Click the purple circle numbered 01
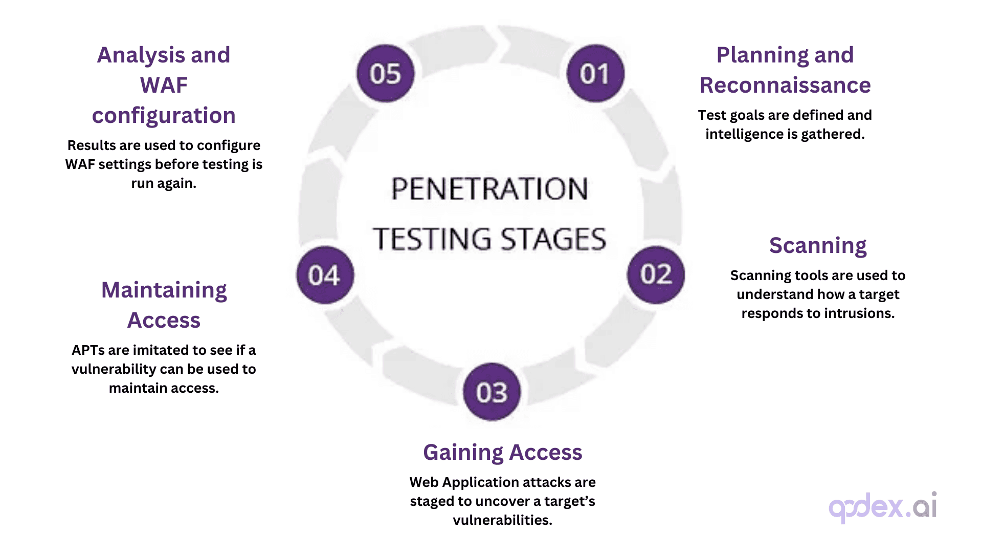pos(595,73)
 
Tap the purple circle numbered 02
pos(656,275)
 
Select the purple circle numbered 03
pos(492,392)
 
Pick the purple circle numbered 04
pos(325,275)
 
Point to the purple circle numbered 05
pos(386,73)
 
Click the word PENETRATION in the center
pos(489,189)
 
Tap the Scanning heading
pos(817,246)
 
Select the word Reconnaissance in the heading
pos(785,86)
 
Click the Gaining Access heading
pos(502,453)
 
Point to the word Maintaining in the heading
pos(164,290)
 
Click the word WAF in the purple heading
pos(164,86)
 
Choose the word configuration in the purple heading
pos(164,116)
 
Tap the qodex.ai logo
pos(882,507)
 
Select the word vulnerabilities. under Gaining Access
pos(502,520)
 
